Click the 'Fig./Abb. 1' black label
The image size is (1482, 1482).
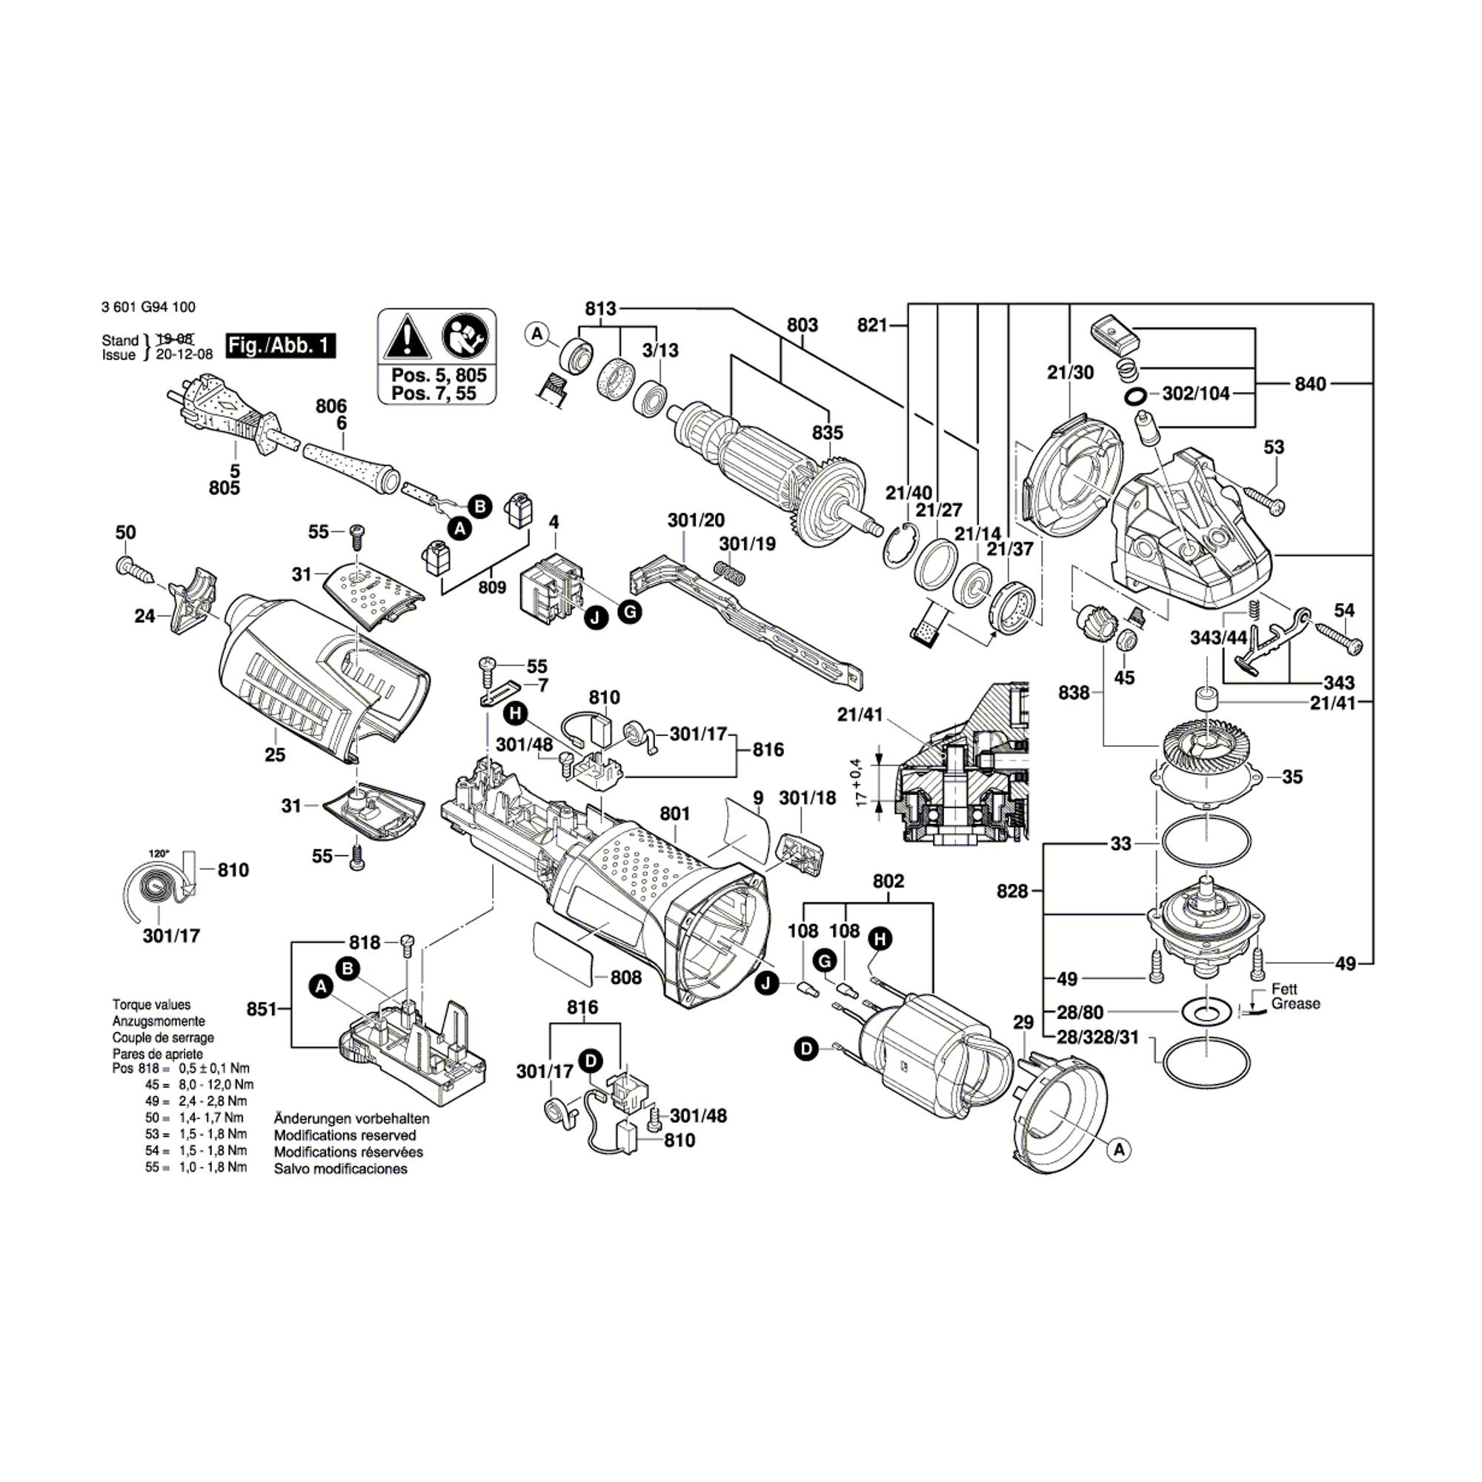tap(281, 345)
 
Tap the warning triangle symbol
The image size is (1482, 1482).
tap(407, 336)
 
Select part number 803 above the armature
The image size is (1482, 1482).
tap(803, 325)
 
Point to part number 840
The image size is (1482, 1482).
tap(1310, 384)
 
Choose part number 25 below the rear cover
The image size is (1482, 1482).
tap(275, 755)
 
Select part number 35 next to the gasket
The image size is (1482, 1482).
tap(1292, 777)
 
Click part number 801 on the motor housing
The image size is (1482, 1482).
tap(675, 813)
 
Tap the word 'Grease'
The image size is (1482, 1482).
tap(1295, 1003)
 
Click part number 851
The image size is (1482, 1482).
tap(262, 1009)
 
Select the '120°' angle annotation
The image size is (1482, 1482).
tap(159, 853)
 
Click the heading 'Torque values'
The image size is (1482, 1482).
tap(151, 1004)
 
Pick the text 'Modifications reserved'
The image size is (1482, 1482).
tap(345, 1135)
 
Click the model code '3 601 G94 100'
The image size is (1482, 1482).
tap(148, 307)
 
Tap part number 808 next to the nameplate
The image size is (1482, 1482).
tap(626, 977)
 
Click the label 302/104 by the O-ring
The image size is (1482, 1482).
tap(1196, 393)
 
